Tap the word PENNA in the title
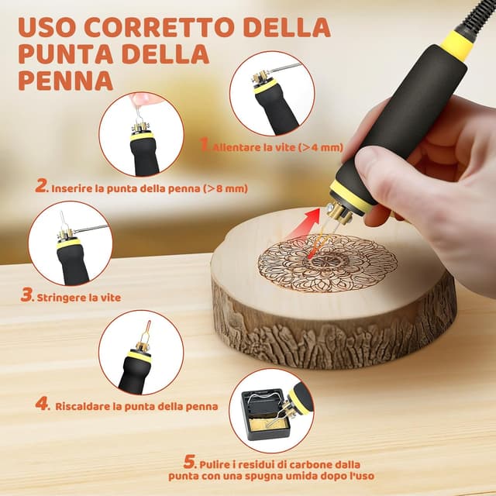tap(66, 81)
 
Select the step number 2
tap(41, 186)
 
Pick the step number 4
tap(41, 404)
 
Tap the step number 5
tap(190, 462)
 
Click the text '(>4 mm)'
tap(320, 147)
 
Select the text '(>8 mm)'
tap(226, 188)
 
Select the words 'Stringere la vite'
tap(79, 298)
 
